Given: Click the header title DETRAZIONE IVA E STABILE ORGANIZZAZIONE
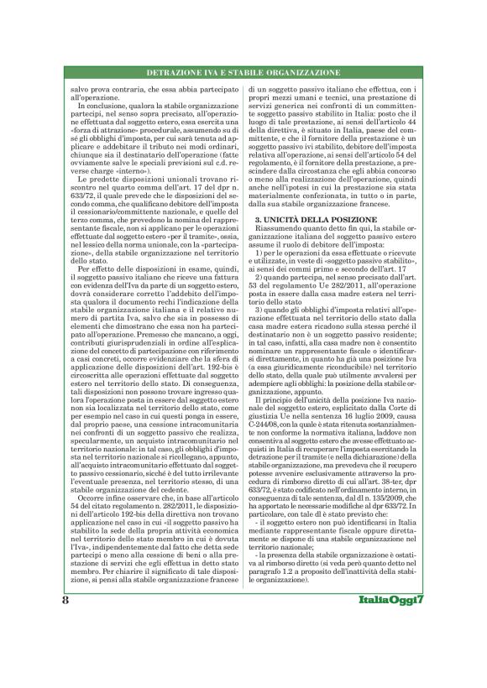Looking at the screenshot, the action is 243,73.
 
